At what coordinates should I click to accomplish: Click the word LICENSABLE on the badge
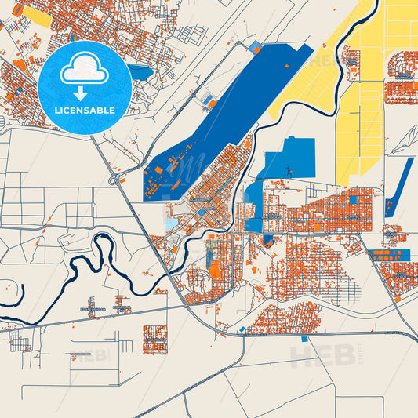click(x=85, y=110)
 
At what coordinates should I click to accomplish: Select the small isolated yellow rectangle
click(x=37, y=16)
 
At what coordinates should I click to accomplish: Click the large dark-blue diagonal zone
click(x=227, y=110)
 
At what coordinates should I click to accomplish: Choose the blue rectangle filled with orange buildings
click(x=391, y=255)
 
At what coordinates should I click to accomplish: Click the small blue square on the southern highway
click(x=240, y=329)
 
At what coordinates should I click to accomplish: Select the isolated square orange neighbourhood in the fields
click(x=154, y=338)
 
